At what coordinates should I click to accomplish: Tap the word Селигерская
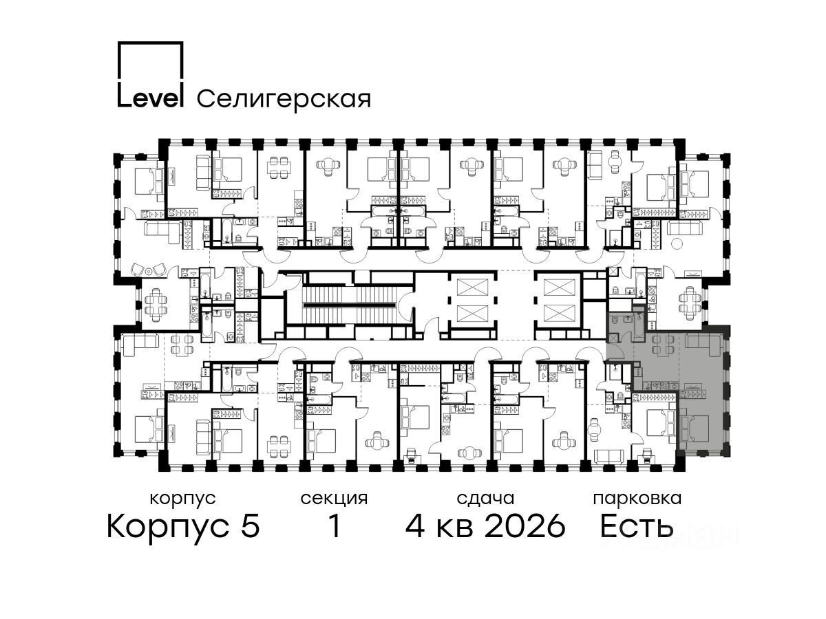point(284,99)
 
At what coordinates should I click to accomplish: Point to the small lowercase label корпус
point(182,499)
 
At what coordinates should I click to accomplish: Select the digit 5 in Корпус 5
point(251,525)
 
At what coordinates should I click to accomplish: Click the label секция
point(334,499)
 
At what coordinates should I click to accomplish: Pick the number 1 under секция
point(334,525)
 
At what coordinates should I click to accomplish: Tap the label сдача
point(485,499)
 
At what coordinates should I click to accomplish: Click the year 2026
point(525,525)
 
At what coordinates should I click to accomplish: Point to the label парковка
point(637,499)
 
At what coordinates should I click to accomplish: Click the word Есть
point(636,525)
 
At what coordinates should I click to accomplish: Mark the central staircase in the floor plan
point(350,305)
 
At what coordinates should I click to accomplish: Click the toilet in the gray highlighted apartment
point(614,321)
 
